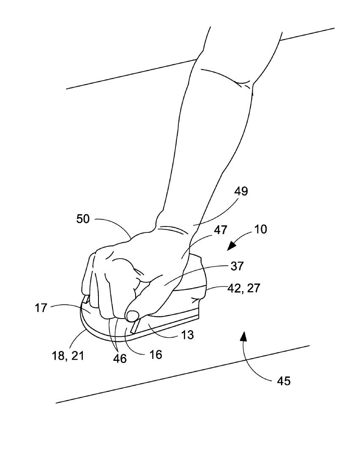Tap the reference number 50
(x=83, y=219)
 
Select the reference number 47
(x=221, y=230)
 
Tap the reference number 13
(x=188, y=335)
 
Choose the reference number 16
(x=156, y=354)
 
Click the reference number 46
(x=120, y=359)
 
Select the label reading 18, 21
(x=67, y=356)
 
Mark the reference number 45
(x=284, y=381)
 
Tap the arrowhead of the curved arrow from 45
(x=243, y=336)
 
